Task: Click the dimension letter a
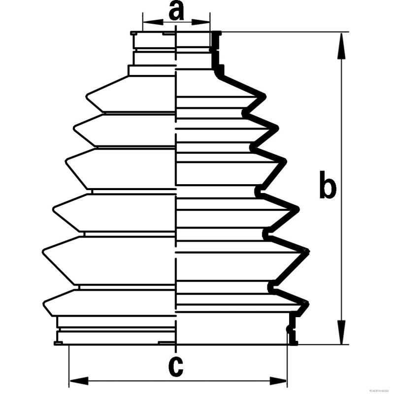pos(176,10)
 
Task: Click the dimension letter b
pos(328,186)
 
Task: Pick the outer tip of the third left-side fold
pos(66,161)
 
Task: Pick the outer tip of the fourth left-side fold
pos(54,211)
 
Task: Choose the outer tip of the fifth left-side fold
pos(43,252)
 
